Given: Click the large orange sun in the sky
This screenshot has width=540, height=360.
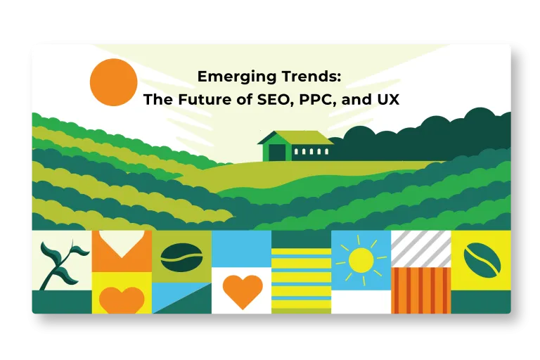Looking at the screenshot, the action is point(114,82).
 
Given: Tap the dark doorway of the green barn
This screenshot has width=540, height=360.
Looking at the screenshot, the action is point(277,153).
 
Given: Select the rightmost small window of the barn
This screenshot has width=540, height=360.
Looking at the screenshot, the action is point(327,152).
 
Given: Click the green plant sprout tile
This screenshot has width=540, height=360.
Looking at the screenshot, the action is point(62,260).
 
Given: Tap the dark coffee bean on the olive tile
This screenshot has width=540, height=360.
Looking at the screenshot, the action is point(181,257).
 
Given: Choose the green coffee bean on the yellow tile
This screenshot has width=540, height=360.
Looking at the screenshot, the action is point(482,260).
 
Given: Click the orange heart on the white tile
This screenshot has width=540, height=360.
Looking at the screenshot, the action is point(243,291).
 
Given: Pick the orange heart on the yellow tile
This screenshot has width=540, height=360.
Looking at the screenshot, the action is point(122,300).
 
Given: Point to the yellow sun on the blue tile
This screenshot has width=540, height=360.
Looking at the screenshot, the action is point(361,260).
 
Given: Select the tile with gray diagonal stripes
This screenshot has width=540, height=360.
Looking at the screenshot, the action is point(421,249).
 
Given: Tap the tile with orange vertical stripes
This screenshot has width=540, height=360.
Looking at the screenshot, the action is point(421,290).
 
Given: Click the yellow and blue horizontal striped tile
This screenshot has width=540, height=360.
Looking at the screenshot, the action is point(302,278).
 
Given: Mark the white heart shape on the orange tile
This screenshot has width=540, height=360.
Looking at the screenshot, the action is point(122,243).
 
